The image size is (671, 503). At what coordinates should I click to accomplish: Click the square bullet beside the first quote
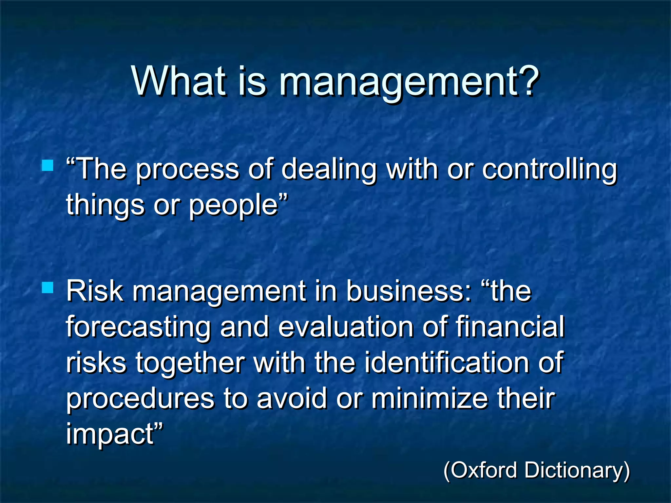click(x=48, y=165)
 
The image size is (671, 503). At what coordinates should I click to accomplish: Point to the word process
click(x=187, y=170)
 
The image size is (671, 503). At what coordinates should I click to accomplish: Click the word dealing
click(x=329, y=170)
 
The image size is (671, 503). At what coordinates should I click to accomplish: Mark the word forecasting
click(x=138, y=327)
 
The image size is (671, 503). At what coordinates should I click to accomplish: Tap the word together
click(x=190, y=363)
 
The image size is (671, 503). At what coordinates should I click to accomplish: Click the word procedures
click(x=140, y=399)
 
